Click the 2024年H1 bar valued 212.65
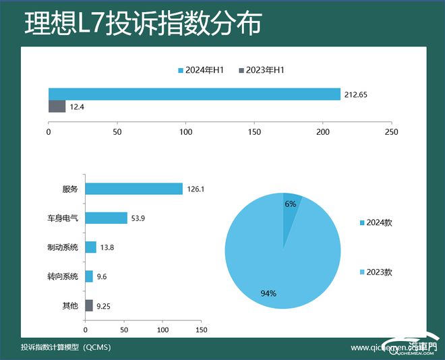[194, 94]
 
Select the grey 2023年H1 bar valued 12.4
[57, 107]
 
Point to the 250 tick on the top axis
[391, 132]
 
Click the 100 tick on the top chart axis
[185, 132]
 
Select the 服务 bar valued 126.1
[133, 189]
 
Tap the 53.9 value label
[138, 218]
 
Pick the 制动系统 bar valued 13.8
[90, 247]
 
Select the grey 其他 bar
[89, 305]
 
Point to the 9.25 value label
[104, 306]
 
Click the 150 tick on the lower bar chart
[201, 330]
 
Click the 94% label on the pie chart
[268, 293]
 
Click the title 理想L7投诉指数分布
[142, 24]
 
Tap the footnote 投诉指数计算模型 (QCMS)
[65, 348]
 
